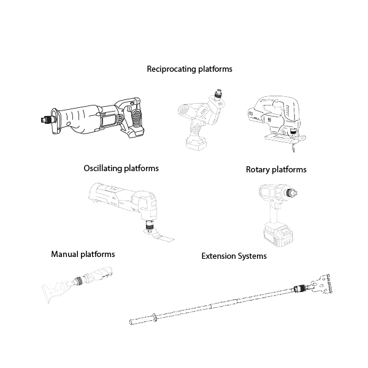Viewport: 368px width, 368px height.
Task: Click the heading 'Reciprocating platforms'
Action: click(190, 69)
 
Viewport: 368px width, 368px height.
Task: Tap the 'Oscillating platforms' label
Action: click(121, 168)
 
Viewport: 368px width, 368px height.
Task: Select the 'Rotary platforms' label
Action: click(275, 169)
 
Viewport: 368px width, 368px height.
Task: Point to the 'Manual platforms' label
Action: click(83, 254)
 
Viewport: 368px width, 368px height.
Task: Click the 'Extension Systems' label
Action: click(234, 256)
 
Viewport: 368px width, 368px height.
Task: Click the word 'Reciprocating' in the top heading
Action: click(171, 69)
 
